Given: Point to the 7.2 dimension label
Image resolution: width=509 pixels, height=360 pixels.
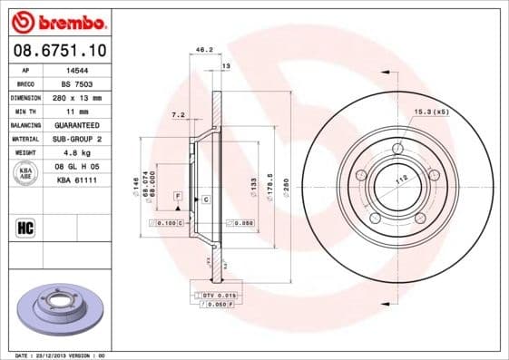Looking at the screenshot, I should (178, 115).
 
